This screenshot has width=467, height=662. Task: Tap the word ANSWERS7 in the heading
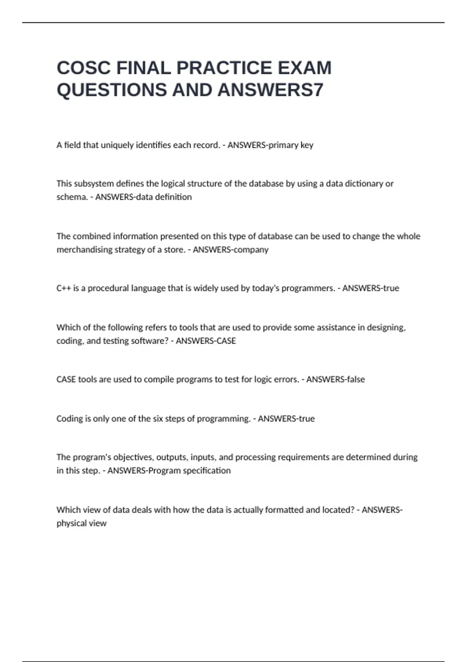(x=271, y=90)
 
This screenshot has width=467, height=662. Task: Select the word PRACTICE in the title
(x=225, y=68)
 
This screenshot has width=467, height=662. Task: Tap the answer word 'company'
(x=251, y=250)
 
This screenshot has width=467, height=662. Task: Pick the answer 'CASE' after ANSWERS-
(x=225, y=341)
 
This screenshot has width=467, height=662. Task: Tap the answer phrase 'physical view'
(x=82, y=523)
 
